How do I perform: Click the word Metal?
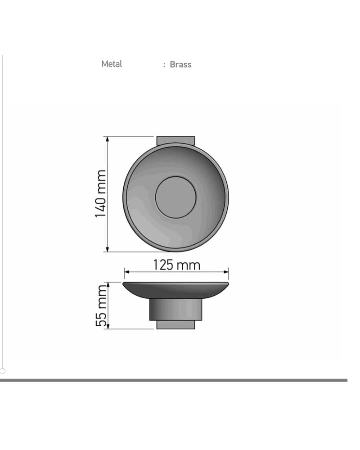click(112, 64)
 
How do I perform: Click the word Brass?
click(180, 64)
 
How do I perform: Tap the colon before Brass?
click(164, 65)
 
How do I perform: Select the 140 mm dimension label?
click(100, 194)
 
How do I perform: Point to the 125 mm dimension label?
click(176, 265)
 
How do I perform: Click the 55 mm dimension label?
click(101, 306)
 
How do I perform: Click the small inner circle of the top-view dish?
click(175, 198)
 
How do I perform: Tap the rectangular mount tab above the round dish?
click(175, 140)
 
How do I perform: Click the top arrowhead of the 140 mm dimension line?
click(108, 139)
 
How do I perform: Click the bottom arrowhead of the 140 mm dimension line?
click(108, 249)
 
